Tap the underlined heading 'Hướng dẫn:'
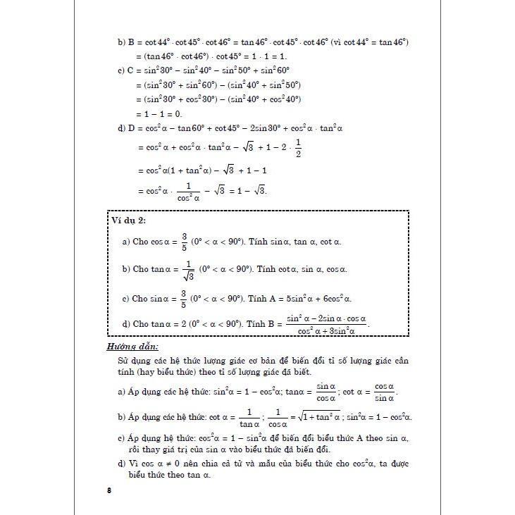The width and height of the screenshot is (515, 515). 132,347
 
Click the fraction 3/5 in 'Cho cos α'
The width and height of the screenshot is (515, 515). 183,242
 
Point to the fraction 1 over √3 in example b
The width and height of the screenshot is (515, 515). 187,270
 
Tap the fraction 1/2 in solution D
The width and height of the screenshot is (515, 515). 298,149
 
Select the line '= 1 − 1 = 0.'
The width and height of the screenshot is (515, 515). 159,113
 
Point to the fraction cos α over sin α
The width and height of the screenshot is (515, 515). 384,390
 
